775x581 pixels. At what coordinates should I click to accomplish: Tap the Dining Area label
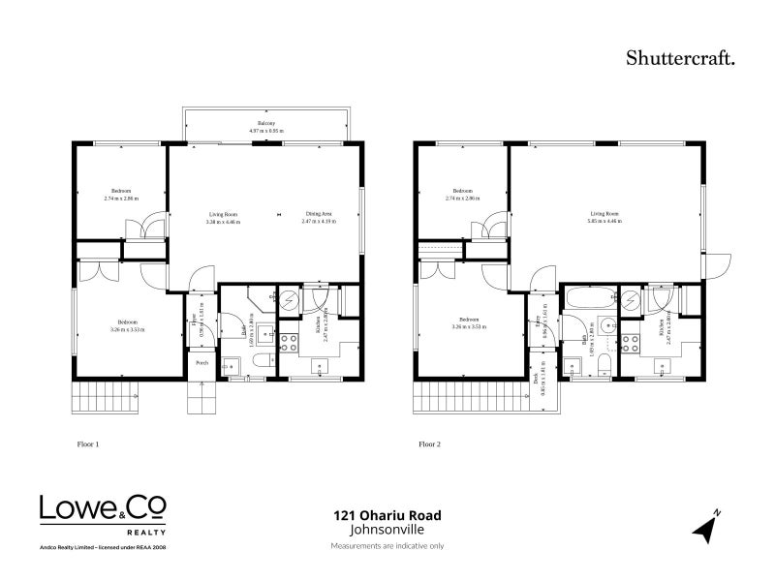(319, 214)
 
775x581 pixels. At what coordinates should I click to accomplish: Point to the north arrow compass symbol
(707, 526)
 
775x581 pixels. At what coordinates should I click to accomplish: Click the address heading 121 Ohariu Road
(383, 517)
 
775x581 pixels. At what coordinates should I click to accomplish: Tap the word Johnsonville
(383, 531)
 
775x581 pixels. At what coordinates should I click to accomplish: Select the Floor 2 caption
(429, 444)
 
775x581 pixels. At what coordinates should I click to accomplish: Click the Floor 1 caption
(88, 444)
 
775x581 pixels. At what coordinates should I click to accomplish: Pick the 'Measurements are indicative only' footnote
(387, 546)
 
